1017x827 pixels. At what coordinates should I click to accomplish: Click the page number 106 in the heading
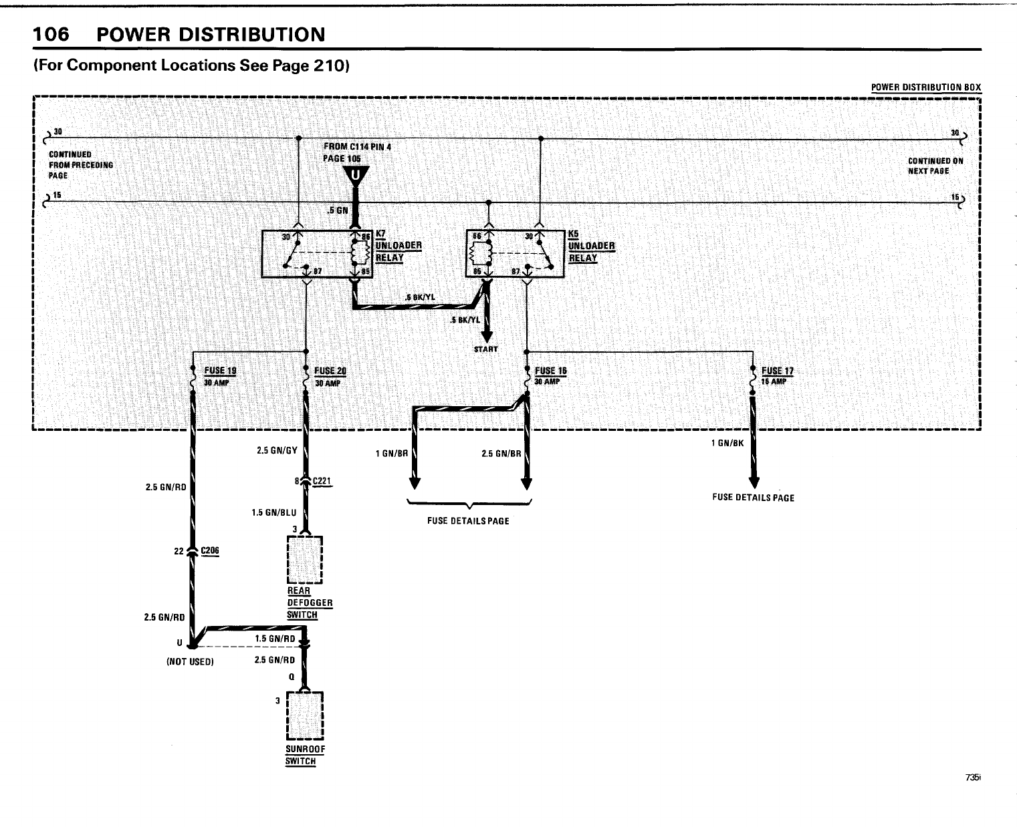click(51, 35)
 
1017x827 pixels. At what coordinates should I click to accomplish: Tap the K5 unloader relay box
click(515, 253)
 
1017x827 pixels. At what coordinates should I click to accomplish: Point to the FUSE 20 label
click(330, 371)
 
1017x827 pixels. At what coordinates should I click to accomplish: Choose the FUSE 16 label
click(551, 371)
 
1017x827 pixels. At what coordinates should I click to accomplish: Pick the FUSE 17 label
click(778, 371)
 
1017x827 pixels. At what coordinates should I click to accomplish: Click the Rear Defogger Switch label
click(309, 603)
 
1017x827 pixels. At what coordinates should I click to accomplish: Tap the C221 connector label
click(322, 481)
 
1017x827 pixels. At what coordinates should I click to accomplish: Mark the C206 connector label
click(210, 550)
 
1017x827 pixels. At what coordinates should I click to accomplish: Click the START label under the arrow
click(486, 349)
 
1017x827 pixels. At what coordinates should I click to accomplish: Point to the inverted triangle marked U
click(356, 176)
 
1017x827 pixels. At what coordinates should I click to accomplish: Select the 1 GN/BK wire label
click(727, 443)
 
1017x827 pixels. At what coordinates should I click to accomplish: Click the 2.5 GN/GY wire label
click(276, 450)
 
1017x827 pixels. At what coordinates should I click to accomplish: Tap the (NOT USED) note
click(190, 662)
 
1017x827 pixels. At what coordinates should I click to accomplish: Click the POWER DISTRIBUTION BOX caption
click(926, 88)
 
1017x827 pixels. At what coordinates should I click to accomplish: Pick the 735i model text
click(973, 778)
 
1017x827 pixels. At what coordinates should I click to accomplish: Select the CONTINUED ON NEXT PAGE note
click(935, 166)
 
